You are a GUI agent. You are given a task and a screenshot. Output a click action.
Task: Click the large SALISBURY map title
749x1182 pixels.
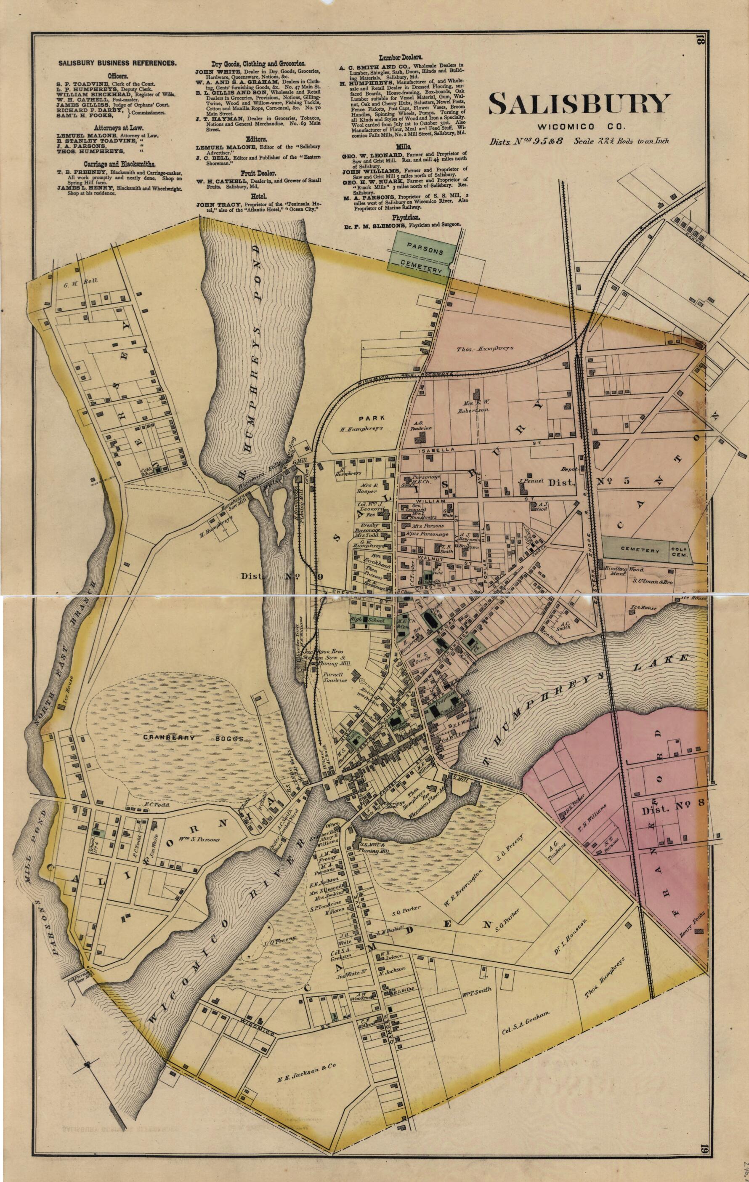pyautogui.click(x=579, y=104)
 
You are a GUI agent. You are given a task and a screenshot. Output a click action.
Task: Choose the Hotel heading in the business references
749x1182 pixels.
pyautogui.click(x=259, y=196)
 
